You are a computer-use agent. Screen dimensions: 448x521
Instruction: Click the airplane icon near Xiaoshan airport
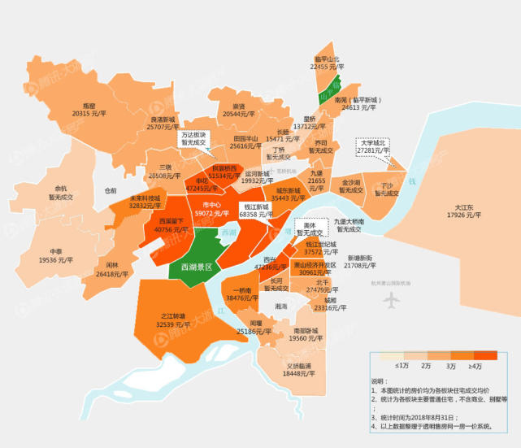click(x=392, y=299)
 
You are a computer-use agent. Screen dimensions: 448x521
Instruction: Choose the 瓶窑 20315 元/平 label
click(x=89, y=110)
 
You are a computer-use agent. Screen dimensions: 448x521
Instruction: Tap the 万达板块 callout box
click(x=194, y=138)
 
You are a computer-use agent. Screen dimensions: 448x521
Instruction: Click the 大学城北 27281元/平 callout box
click(x=374, y=146)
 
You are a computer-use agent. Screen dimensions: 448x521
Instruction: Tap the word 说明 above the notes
click(x=380, y=380)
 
